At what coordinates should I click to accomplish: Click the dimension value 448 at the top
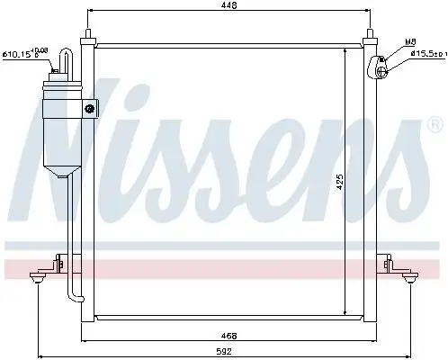(231, 8)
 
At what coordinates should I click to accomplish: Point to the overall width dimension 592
(230, 351)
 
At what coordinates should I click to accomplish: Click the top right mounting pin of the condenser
(371, 38)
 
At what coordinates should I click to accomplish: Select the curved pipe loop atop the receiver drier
(63, 61)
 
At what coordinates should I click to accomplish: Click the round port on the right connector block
(381, 60)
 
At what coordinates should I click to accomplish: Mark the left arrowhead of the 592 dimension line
(40, 352)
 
